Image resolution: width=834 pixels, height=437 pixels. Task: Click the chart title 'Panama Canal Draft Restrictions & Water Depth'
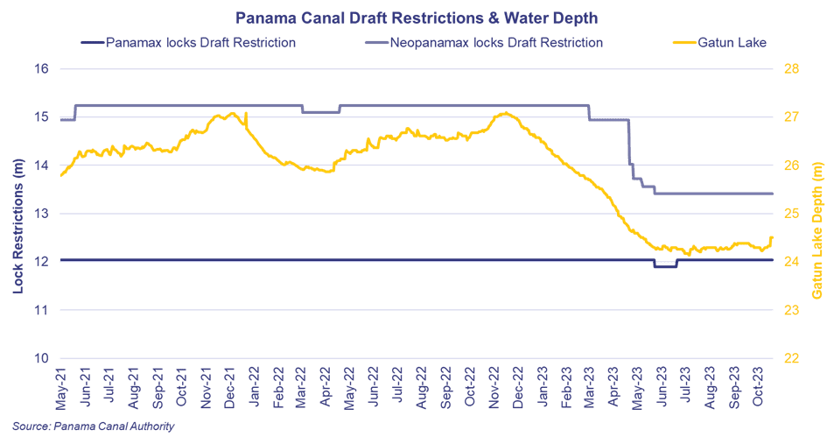coord(417,18)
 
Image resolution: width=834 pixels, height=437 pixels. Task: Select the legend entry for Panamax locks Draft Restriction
coord(188,43)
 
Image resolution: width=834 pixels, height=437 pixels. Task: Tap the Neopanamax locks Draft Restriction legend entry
coord(484,43)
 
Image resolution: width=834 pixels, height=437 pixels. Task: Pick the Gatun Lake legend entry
coord(719,43)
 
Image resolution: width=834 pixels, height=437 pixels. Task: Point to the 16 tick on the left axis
coord(42,68)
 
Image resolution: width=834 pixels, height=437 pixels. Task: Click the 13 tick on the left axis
coord(42,214)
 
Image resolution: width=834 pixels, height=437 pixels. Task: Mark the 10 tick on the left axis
coord(42,358)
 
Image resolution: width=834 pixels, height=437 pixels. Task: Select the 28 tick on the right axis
coord(791,68)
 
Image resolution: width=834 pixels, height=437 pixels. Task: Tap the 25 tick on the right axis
coord(791,214)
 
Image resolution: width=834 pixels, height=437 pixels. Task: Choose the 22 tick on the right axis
coord(791,358)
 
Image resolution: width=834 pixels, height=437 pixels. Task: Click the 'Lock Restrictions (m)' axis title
coord(18,226)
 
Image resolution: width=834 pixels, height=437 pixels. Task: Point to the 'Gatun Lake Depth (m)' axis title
coord(817,230)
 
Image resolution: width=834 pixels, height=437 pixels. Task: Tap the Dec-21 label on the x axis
coord(230,388)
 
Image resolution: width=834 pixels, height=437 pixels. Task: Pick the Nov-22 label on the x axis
coord(494,387)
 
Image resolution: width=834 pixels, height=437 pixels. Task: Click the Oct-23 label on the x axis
coord(759,386)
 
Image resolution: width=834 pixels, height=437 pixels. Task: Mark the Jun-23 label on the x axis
coord(662,387)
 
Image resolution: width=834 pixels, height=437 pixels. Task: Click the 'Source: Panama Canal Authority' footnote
coord(94,426)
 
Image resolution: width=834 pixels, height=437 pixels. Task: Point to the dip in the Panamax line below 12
coord(665,266)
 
